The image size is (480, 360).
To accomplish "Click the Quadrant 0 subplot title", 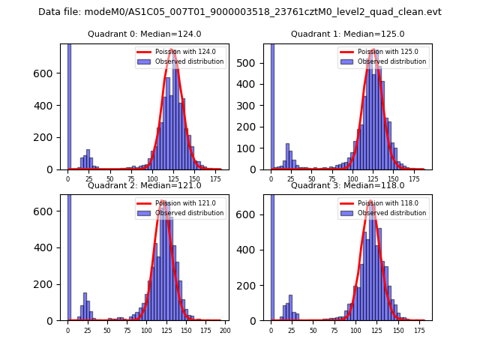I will pyautogui.click(x=144, y=34).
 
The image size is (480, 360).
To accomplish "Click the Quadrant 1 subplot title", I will pyautogui.click(x=347, y=34).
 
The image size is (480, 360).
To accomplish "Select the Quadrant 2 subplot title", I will pyautogui.click(x=144, y=186).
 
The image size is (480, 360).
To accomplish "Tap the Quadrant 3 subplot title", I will pyautogui.click(x=347, y=186).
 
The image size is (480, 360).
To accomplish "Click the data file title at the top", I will pyautogui.click(x=240, y=12).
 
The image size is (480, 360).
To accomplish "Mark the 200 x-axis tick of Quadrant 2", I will pyautogui.click(x=223, y=331).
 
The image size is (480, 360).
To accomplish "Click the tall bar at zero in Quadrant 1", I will pyautogui.click(x=271, y=105).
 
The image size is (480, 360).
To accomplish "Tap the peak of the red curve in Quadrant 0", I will pyautogui.click(x=172, y=50).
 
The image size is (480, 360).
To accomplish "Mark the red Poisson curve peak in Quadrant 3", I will pyautogui.click(x=370, y=202).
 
